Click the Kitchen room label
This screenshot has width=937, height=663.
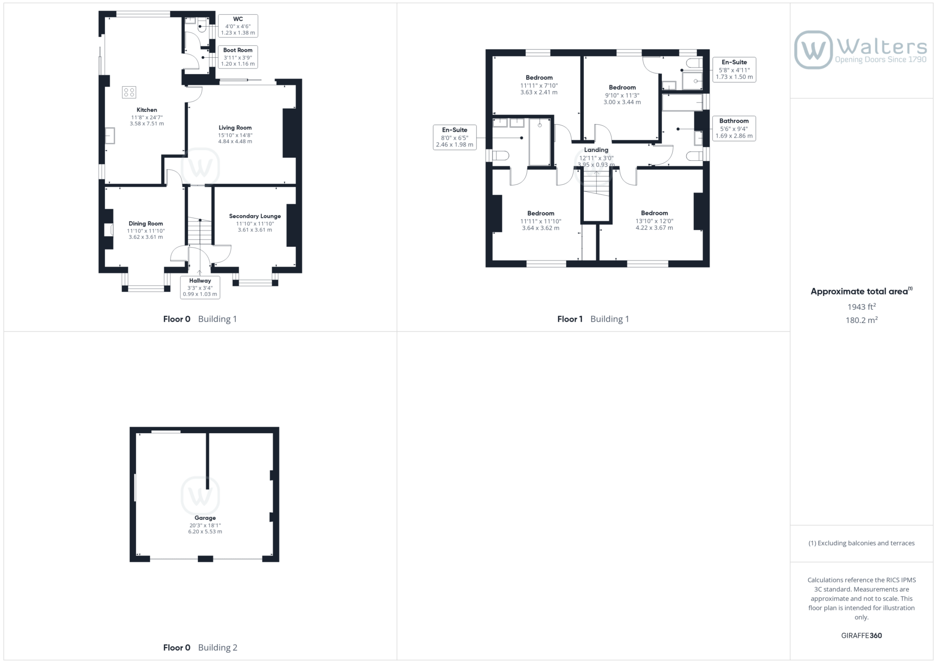coord(147,110)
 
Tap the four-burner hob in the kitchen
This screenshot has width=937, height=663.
coord(129,92)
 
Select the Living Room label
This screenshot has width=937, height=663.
coord(235,128)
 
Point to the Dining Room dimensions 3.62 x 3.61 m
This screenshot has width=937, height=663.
coord(146,237)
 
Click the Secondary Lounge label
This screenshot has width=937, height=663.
coord(255,216)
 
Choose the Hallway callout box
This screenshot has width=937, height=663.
coord(200,287)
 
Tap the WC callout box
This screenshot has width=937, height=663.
coord(238,26)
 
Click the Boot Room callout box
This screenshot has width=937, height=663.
coord(238,57)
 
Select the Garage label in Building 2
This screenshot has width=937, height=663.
coord(205,518)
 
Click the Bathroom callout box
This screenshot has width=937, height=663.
coord(734,128)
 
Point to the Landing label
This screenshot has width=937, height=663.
coord(596,150)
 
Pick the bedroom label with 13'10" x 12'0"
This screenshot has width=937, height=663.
coord(654,213)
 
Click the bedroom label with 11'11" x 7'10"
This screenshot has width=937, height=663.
coord(539,77)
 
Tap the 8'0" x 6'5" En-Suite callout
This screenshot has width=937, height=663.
coord(455,137)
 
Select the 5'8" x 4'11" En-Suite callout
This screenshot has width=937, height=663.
coord(734,70)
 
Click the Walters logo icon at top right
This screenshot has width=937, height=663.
coord(813,50)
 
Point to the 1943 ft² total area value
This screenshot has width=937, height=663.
coord(862,307)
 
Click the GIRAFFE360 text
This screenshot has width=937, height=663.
coord(862,635)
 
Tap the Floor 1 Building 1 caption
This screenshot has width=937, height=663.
coord(593,319)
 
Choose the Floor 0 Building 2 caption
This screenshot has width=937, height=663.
coord(200,648)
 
